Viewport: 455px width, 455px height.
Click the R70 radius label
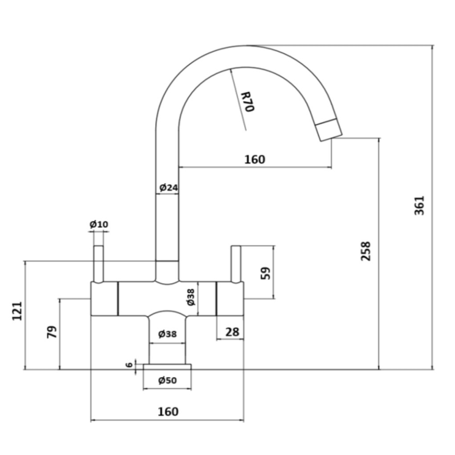pyautogui.click(x=247, y=102)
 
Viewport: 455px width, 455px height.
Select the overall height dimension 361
pyautogui.click(x=420, y=205)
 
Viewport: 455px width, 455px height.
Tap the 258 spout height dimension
pyautogui.click(x=366, y=251)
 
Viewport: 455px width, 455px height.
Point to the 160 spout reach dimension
pyautogui.click(x=254, y=160)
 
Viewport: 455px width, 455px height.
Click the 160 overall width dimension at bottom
pyautogui.click(x=168, y=412)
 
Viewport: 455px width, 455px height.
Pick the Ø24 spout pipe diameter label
pyautogui.click(x=168, y=187)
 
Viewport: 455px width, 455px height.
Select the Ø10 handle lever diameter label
pyautogui.click(x=99, y=224)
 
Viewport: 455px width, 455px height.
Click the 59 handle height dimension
pyautogui.click(x=265, y=273)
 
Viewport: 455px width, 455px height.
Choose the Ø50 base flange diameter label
pyautogui.click(x=167, y=381)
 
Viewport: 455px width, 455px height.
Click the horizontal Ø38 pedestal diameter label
pyautogui.click(x=167, y=334)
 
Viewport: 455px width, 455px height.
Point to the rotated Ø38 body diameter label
pyautogui.click(x=191, y=297)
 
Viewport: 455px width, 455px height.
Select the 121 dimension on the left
pyautogui.click(x=17, y=311)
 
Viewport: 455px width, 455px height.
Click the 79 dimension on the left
pyautogui.click(x=51, y=332)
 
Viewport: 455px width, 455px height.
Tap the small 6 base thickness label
pyautogui.click(x=129, y=365)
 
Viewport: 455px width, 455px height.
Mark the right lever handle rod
pyautogui.click(x=236, y=264)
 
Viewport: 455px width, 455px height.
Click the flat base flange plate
pyautogui.click(x=167, y=367)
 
